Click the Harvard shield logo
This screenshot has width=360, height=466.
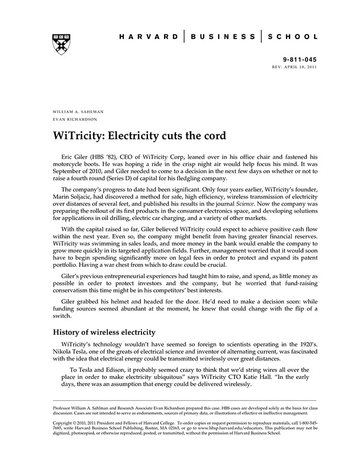pos(61,44)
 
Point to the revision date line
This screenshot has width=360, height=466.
pos(295,67)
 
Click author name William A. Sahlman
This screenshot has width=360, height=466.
pos(78,112)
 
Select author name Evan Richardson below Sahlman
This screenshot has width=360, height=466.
pos(75,119)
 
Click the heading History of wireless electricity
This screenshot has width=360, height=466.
pos(104,332)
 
